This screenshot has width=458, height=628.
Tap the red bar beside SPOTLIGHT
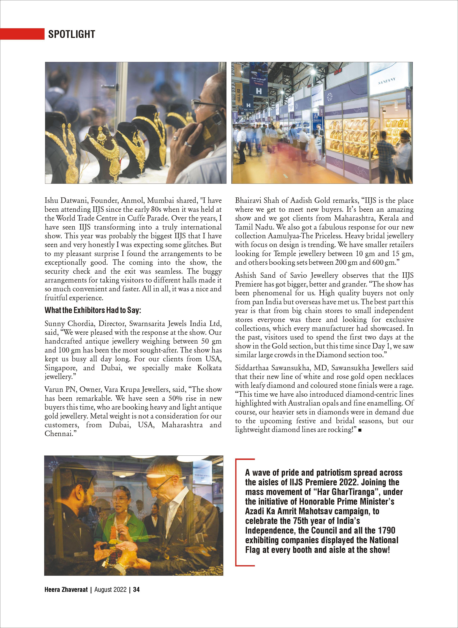(x=22, y=34)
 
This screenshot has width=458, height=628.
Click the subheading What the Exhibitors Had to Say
(x=93, y=310)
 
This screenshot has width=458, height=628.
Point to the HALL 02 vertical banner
(x=238, y=96)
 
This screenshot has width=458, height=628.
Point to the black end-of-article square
(x=360, y=430)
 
